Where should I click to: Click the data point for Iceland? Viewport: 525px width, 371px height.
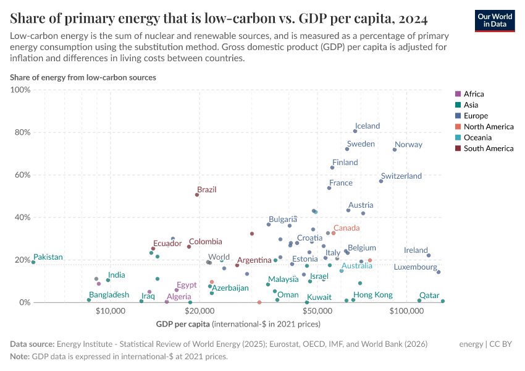coord(355,131)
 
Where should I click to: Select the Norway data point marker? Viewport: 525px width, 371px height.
coord(395,150)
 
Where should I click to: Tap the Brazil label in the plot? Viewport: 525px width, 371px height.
coord(206,190)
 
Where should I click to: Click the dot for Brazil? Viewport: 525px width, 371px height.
coord(197,195)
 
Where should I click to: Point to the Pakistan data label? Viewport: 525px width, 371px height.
coord(48,257)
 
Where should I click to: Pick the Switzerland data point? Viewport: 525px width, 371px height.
coord(381,181)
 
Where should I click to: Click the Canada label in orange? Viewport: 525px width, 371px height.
coord(346,228)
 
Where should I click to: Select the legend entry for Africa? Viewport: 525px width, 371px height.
coord(474,94)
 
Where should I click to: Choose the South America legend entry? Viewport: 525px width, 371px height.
coord(488,148)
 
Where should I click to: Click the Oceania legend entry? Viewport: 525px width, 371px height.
coord(477,137)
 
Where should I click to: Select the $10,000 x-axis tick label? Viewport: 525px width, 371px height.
coord(111,310)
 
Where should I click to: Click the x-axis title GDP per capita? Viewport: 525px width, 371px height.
coord(183,324)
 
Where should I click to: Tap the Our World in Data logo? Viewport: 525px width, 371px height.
coord(494,20)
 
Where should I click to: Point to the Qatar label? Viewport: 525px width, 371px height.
coord(429,296)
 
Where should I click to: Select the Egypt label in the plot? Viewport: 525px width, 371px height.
coord(187,285)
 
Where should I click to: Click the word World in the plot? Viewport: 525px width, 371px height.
coord(219,257)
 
